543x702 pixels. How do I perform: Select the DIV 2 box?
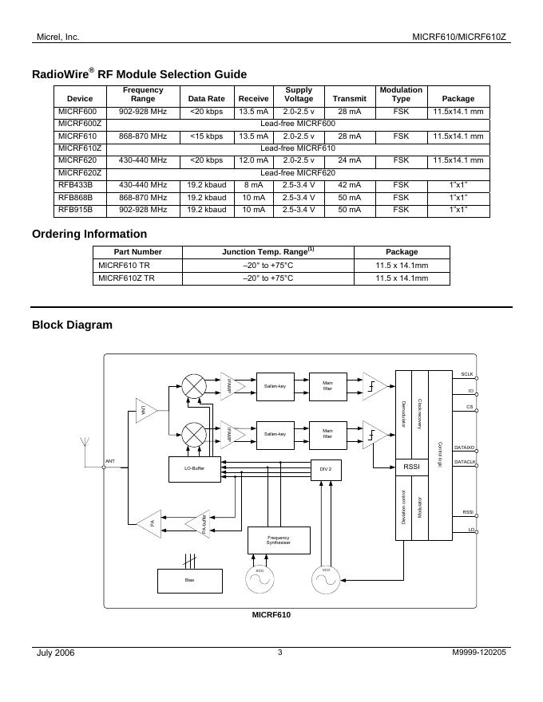pyautogui.click(x=325, y=469)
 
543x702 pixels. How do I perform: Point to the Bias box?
pyautogui.click(x=189, y=580)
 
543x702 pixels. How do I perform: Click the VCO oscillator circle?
pyautogui.click(x=326, y=580)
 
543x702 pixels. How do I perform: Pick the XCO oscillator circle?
pyautogui.click(x=260, y=581)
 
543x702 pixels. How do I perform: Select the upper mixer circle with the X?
pyautogui.click(x=194, y=386)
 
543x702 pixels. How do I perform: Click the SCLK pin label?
pyautogui.click(x=467, y=373)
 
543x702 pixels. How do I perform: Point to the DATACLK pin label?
pyautogui.click(x=465, y=462)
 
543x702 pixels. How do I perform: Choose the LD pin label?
pyautogui.click(x=471, y=530)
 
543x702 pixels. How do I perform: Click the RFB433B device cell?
pyautogui.click(x=74, y=185)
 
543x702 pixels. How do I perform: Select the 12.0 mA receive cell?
pyautogui.click(x=253, y=160)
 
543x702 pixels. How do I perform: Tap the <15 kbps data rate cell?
pyautogui.click(x=206, y=136)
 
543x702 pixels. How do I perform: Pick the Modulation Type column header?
pyautogui.click(x=401, y=94)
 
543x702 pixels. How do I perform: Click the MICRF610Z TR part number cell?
pyautogui.click(x=126, y=278)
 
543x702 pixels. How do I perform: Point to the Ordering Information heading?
pyautogui.click(x=89, y=234)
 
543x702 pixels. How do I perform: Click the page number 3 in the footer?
pyautogui.click(x=280, y=653)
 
